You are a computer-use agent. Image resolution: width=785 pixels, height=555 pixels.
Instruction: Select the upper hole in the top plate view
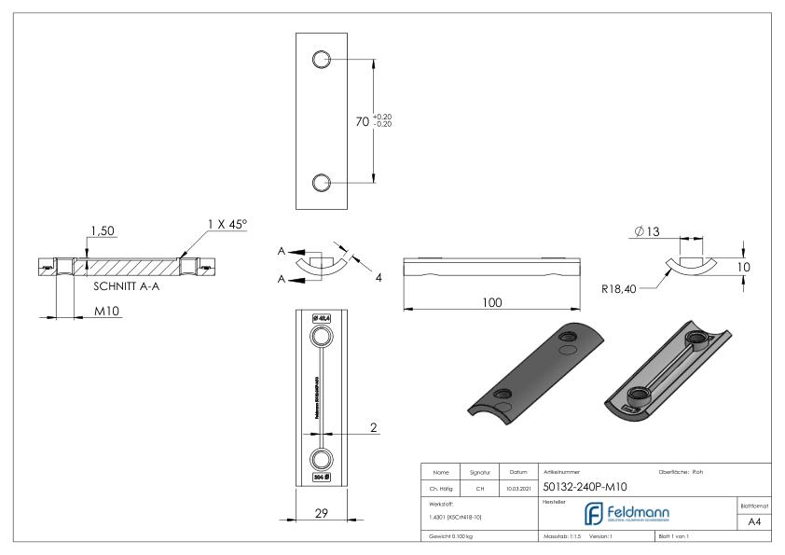[x=322, y=60]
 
